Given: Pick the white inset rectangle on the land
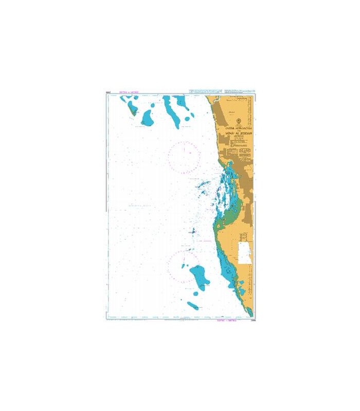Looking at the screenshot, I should (245, 253).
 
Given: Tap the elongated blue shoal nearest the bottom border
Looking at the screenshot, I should (193, 306).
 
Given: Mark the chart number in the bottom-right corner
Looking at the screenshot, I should (253, 322).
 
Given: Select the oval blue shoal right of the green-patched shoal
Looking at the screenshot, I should (148, 118).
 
